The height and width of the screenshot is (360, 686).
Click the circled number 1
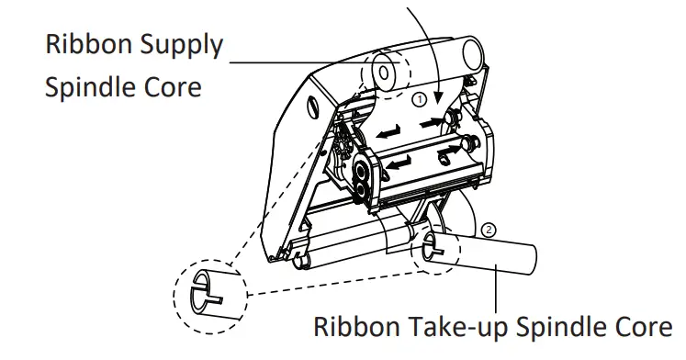[x=418, y=96]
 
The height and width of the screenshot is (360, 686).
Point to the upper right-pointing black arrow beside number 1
[x=431, y=119]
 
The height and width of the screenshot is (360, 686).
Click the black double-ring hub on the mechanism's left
[x=364, y=178]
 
